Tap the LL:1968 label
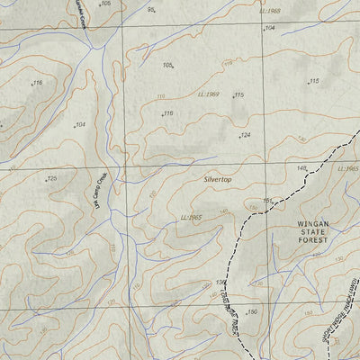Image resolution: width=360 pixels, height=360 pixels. tap(269, 11)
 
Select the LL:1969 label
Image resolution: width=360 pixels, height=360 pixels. tap(210, 94)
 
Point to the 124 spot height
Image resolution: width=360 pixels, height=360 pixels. tap(244, 135)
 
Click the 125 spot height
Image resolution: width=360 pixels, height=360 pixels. tap(51, 178)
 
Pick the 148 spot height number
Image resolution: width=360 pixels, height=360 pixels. tap(301, 168)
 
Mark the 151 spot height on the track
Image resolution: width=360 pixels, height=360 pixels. tap(267, 200)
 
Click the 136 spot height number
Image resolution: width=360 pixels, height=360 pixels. tap(220, 283)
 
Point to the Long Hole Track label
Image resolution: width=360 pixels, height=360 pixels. tap(229, 306)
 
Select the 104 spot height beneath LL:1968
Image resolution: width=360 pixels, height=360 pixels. tap(270, 28)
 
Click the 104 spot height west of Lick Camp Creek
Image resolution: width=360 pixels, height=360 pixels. tap(80, 124)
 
